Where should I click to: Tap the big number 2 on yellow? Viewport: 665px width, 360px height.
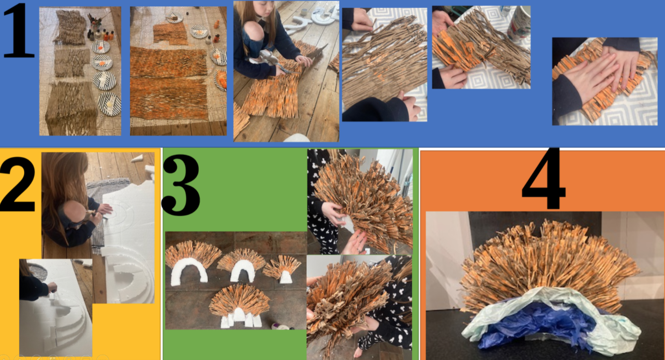pyautogui.click(x=18, y=184)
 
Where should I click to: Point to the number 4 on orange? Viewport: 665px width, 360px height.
pyautogui.click(x=543, y=178)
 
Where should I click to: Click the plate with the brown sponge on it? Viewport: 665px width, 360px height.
pyautogui.click(x=174, y=17)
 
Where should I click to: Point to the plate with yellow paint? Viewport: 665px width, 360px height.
pyautogui.click(x=110, y=104)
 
